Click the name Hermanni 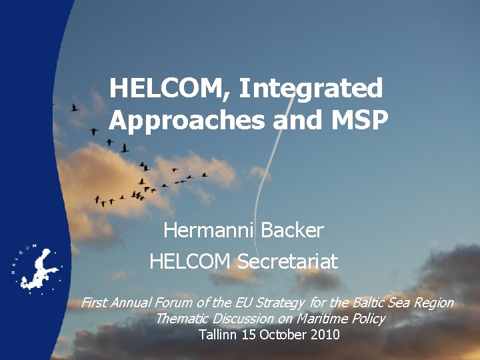(x=209, y=231)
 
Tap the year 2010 (x=324, y=335)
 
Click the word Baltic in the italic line (x=371, y=303)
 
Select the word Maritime (x=321, y=319)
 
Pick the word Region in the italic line (x=433, y=303)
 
